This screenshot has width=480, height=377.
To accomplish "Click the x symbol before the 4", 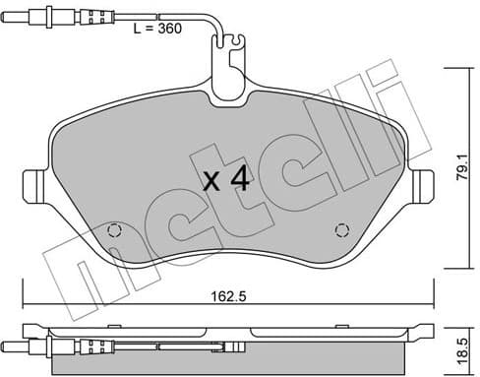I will click(210, 181).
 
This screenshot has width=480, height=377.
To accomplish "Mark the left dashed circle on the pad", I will click(113, 231).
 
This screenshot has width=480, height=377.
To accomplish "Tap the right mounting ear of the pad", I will click(426, 185).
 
